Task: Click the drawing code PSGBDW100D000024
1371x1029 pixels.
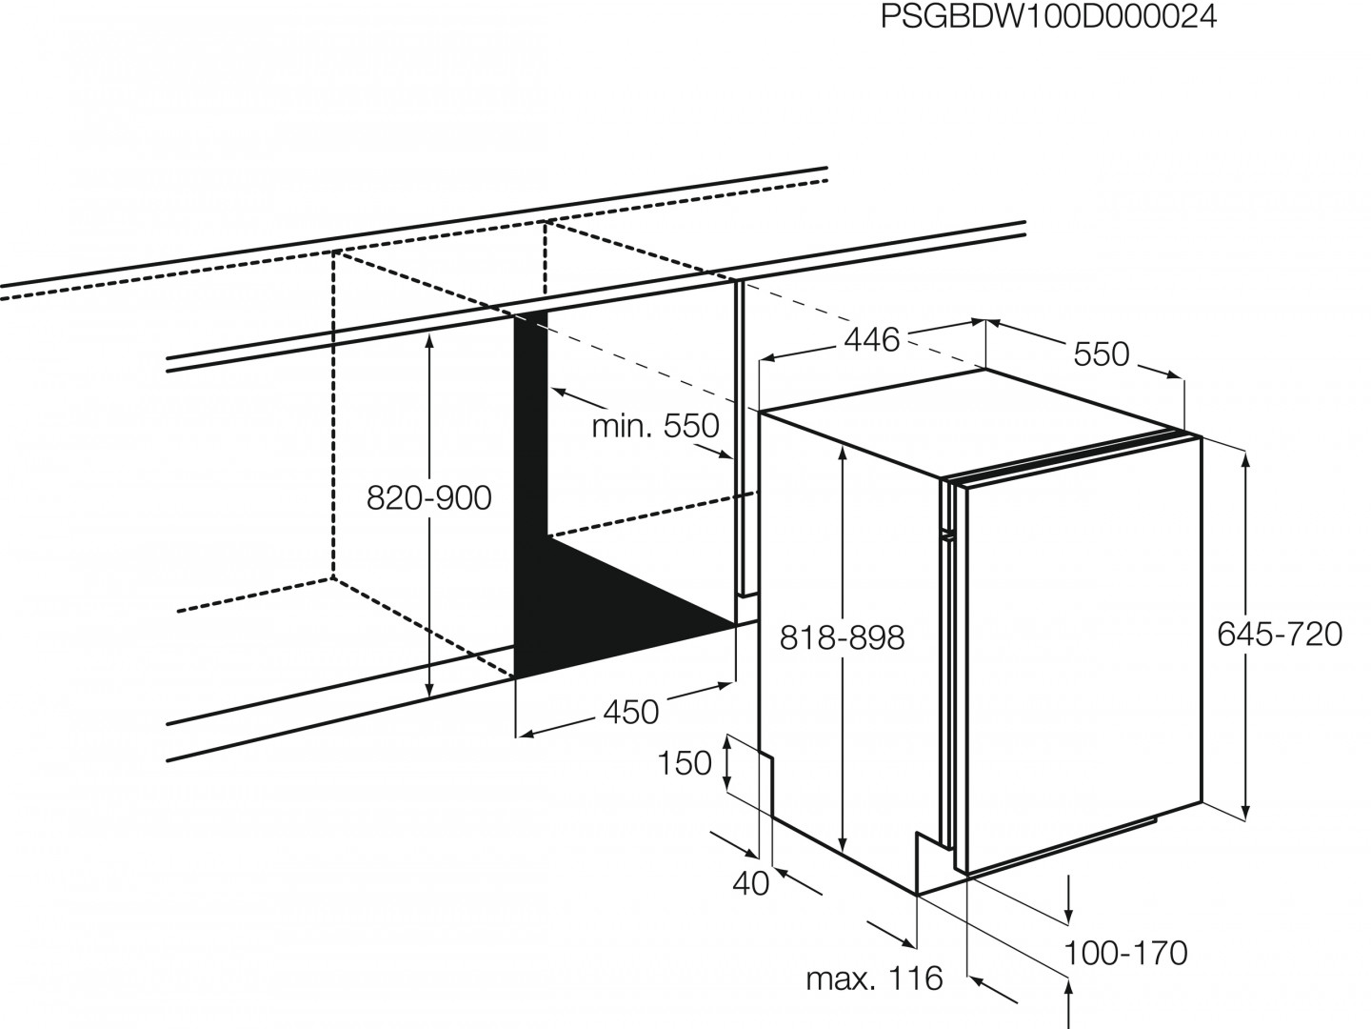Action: (1048, 17)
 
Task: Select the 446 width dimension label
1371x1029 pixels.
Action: (872, 340)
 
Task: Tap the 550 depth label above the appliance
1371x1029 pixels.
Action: (1102, 354)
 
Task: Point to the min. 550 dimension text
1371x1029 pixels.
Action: (656, 426)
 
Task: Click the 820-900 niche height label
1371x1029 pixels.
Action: (429, 498)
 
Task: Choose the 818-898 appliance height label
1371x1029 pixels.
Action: (842, 638)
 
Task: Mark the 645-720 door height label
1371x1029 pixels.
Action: (1280, 635)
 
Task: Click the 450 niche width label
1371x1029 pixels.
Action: (631, 713)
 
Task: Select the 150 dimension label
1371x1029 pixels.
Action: (685, 763)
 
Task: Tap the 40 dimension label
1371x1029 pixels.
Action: (751, 884)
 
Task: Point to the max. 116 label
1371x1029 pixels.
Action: (874, 979)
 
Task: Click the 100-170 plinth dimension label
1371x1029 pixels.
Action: (1125, 954)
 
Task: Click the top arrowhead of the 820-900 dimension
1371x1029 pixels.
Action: (429, 340)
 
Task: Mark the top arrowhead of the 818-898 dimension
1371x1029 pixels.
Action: (843, 454)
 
